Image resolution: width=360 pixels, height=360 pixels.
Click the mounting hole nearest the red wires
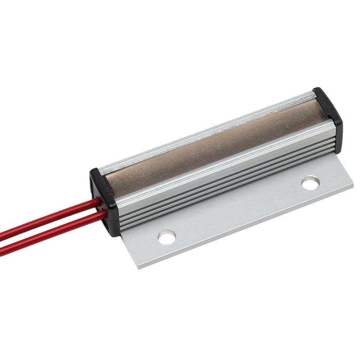167,237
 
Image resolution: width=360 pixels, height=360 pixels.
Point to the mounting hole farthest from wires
310,183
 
